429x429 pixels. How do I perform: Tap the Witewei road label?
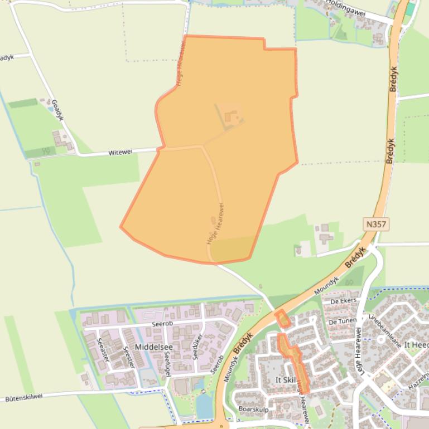tap(120, 152)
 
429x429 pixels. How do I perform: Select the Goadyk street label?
tap(57, 110)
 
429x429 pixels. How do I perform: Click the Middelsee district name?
tap(154, 347)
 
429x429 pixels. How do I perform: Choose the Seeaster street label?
tap(103, 349)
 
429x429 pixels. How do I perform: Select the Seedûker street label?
tap(196, 347)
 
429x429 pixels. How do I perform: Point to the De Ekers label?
tap(343, 301)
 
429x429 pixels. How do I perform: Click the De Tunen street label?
tap(343, 321)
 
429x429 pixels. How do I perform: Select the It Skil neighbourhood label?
tap(286, 380)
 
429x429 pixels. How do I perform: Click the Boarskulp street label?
tap(253, 409)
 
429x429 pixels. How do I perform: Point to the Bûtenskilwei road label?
tap(28, 398)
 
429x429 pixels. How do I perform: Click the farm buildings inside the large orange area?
tap(231, 118)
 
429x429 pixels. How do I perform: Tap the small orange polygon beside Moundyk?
tap(283, 319)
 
